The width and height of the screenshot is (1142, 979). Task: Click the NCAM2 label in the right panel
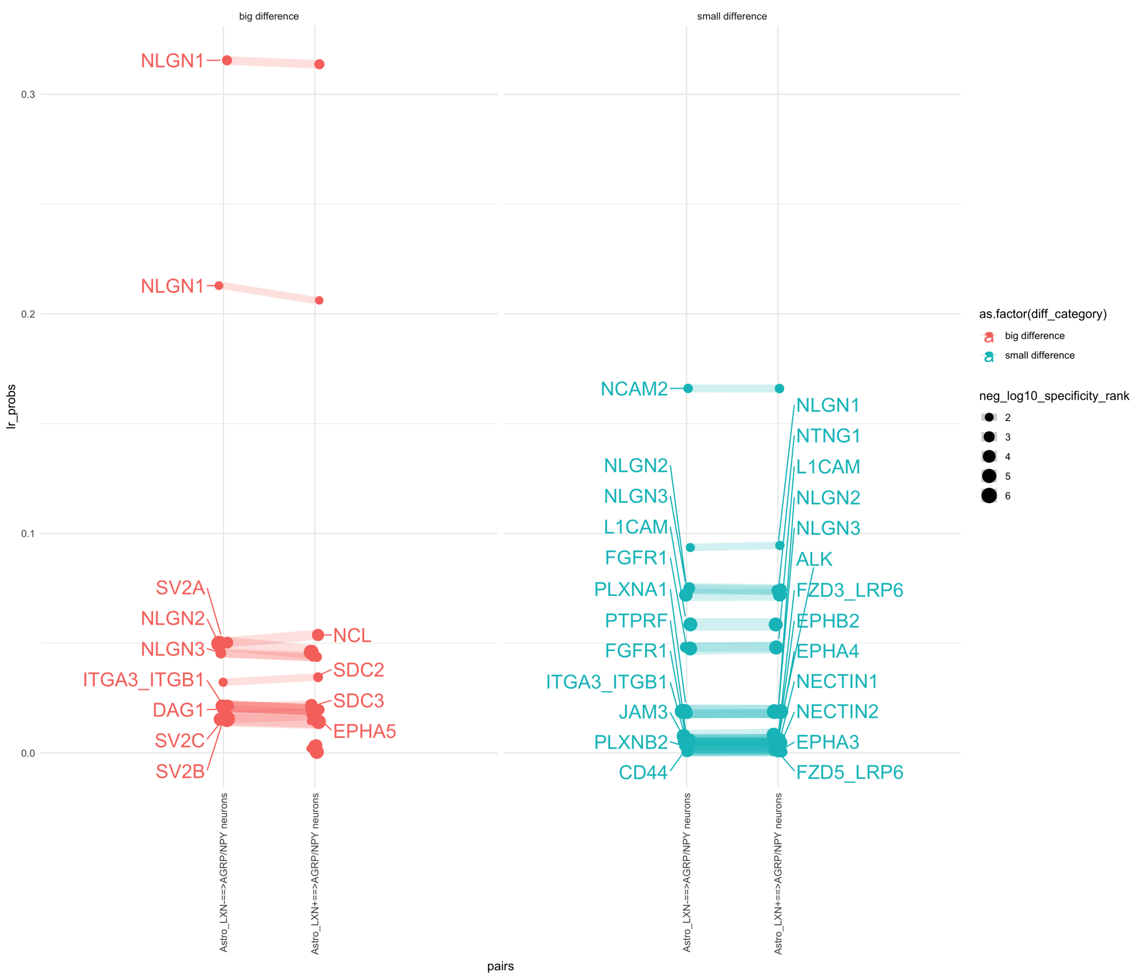(634, 389)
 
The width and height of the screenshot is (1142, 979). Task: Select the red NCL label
(352, 635)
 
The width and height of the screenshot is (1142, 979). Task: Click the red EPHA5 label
(365, 732)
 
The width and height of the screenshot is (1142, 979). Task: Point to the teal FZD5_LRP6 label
(849, 772)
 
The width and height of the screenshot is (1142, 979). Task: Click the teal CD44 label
(643, 772)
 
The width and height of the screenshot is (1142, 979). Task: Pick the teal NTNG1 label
(828, 436)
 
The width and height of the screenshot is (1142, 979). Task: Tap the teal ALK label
(814, 559)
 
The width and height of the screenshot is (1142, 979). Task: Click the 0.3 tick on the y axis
(28, 95)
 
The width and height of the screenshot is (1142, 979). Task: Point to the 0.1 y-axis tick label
(28, 533)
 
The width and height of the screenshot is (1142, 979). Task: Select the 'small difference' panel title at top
(732, 16)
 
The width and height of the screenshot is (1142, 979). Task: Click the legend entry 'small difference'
(1039, 355)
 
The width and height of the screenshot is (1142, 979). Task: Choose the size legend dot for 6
(989, 496)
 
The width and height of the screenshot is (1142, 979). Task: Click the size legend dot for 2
(989, 417)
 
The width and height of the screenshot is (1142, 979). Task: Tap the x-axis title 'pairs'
(500, 966)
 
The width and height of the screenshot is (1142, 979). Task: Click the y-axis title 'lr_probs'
(11, 407)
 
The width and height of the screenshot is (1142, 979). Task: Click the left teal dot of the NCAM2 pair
(688, 388)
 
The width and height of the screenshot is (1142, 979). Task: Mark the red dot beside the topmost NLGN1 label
(226, 60)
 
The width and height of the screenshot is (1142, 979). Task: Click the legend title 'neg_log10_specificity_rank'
(1054, 396)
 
